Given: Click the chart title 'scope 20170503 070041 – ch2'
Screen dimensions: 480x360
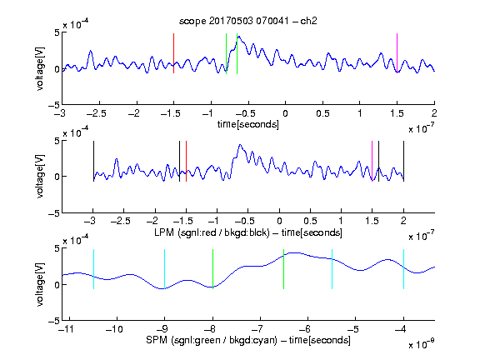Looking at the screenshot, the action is [248, 21].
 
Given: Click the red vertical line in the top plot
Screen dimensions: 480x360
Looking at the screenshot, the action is [173, 53].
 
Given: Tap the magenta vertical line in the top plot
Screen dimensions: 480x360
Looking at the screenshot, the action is [397, 53].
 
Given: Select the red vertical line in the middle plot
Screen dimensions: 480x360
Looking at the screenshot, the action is [186, 162].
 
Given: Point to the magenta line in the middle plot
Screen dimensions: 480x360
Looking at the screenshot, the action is [372, 162].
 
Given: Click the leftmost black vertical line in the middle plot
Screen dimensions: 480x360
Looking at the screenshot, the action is [93, 162].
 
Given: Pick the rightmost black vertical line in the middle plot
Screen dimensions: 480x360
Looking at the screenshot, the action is [403, 162].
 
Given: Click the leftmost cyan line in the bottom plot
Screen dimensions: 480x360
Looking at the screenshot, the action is [93, 269].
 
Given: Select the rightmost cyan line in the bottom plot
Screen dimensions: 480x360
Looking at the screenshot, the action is [403, 269].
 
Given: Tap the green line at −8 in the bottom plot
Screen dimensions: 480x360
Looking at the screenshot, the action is [212, 269].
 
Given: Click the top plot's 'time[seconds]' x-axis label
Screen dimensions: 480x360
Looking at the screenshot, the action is [248, 124].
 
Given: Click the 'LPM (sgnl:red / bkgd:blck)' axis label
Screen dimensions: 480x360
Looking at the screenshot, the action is [212, 232].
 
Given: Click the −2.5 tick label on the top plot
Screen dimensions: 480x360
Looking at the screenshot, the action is [97, 113].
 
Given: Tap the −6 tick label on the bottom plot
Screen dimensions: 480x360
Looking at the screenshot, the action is [305, 329].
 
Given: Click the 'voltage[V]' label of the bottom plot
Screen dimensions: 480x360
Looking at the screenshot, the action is [40, 285].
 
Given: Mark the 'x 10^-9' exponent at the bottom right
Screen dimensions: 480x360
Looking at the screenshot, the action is [421, 344].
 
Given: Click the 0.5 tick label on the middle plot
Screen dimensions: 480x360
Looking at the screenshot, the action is [311, 221].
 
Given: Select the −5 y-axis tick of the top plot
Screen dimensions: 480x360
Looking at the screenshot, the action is [54, 105].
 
